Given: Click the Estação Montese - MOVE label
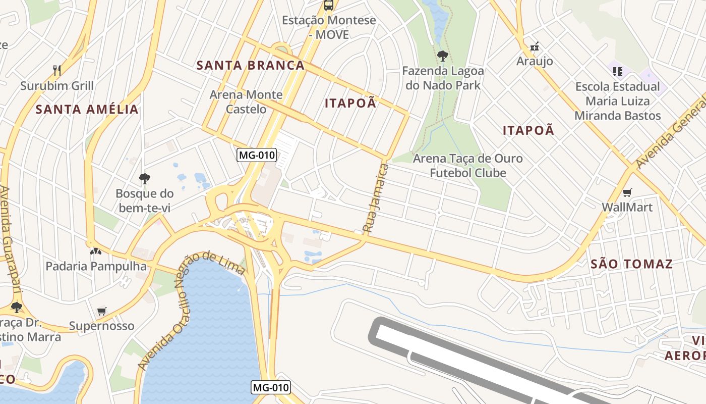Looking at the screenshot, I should pyautogui.click(x=329, y=28).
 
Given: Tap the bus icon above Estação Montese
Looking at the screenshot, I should pyautogui.click(x=329, y=6).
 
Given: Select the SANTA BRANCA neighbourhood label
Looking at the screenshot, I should pyautogui.click(x=251, y=65).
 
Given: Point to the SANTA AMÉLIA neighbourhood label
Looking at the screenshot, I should pyautogui.click(x=87, y=109).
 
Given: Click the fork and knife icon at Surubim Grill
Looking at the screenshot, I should pyautogui.click(x=57, y=70).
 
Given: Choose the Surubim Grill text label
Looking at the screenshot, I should pyautogui.click(x=57, y=85).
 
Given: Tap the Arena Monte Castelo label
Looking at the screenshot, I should pyautogui.click(x=246, y=102).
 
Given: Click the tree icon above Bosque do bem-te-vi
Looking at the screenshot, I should pyautogui.click(x=145, y=178).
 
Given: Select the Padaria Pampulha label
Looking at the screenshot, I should pyautogui.click(x=96, y=266).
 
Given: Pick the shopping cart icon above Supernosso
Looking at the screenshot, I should pyautogui.click(x=102, y=311).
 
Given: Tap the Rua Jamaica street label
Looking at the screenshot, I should pyautogui.click(x=376, y=198).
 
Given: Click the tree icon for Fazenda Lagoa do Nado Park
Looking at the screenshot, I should pyautogui.click(x=443, y=56).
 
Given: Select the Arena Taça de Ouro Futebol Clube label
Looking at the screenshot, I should pyautogui.click(x=467, y=166).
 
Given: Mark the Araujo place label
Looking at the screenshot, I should pyautogui.click(x=535, y=61).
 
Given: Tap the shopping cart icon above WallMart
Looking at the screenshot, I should pyautogui.click(x=627, y=192).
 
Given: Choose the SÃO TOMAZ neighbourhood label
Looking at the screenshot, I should pyautogui.click(x=631, y=264).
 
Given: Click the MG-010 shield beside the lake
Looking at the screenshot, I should pyautogui.click(x=271, y=387).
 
